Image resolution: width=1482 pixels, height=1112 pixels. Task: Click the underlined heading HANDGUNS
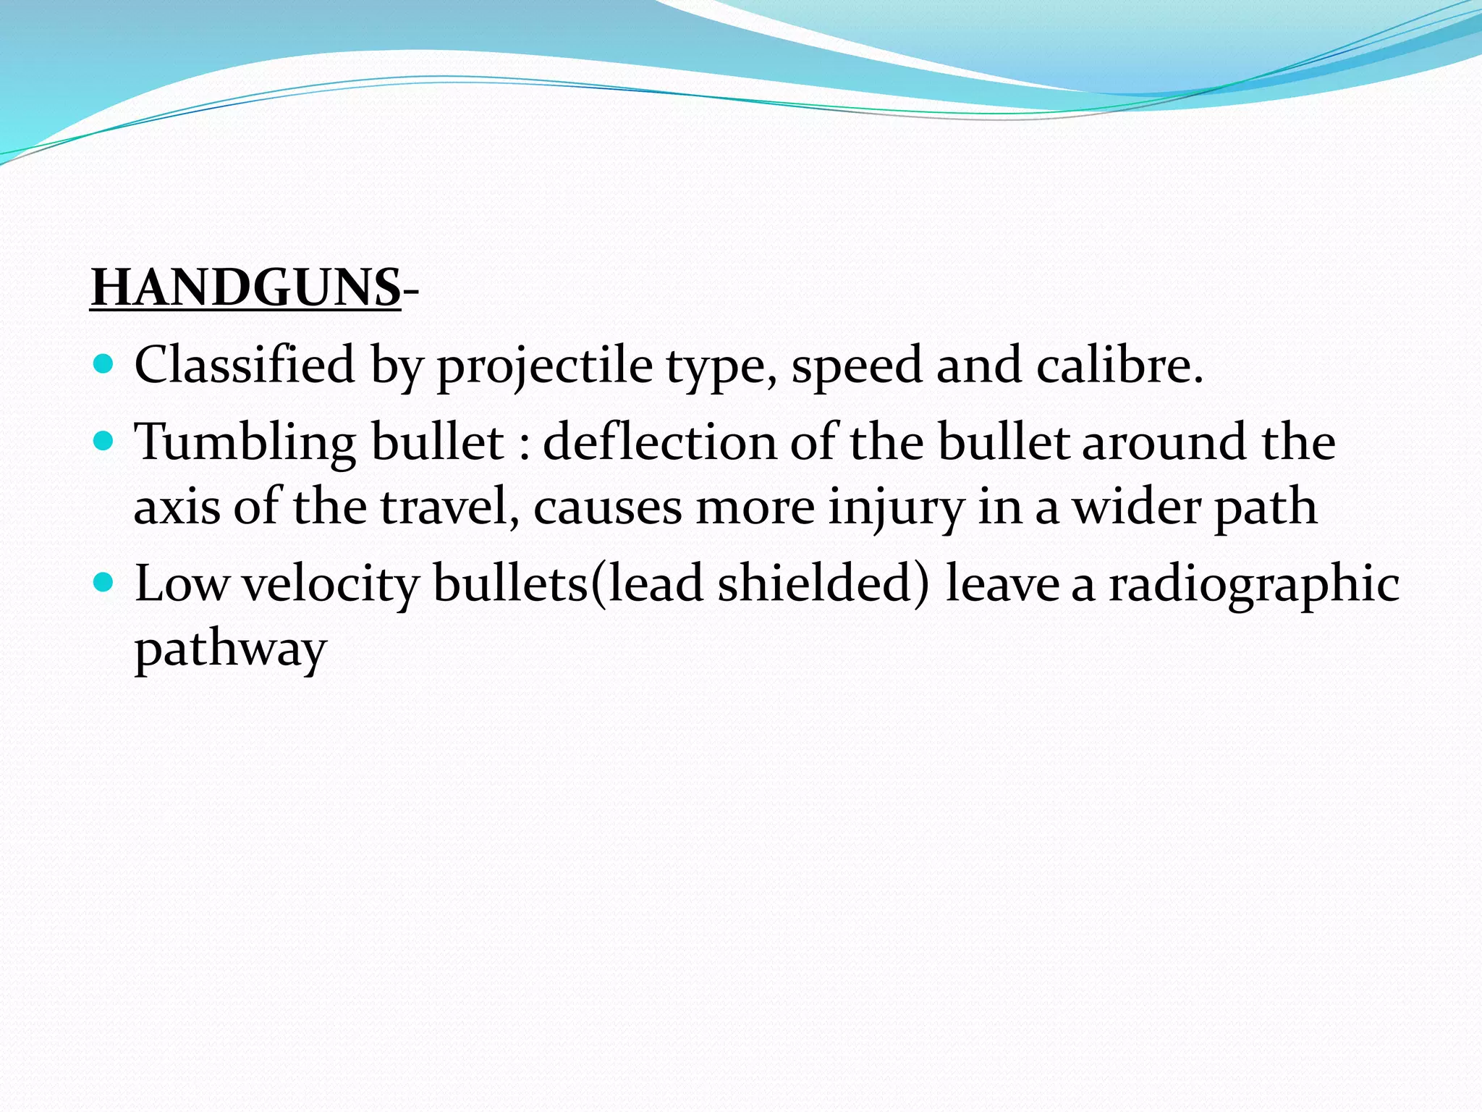coord(245,288)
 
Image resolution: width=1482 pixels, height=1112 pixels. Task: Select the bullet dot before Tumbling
coord(104,440)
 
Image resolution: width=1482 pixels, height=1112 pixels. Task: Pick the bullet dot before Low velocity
coord(104,581)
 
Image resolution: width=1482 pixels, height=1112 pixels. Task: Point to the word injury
coord(896,507)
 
